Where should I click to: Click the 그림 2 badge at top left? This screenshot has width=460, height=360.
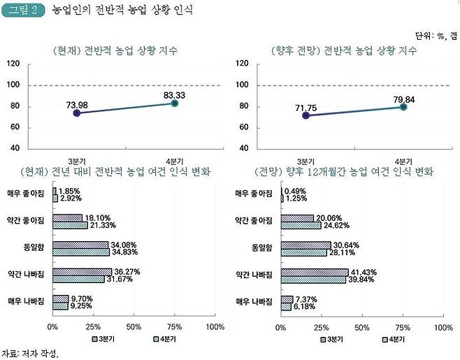click(x=23, y=11)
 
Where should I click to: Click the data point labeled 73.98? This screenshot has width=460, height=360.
click(x=77, y=113)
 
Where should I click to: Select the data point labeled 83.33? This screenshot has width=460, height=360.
click(x=174, y=103)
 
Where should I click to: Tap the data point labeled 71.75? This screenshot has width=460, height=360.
click(x=306, y=115)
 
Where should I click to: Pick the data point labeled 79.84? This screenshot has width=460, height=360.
click(x=403, y=106)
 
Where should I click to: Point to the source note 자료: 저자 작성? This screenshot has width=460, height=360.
click(x=29, y=353)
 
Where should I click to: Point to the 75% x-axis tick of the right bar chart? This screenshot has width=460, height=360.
click(x=401, y=326)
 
